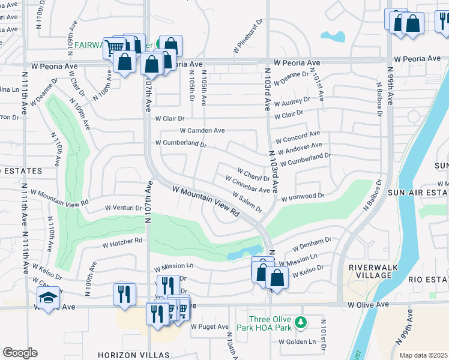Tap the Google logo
pos(20,353)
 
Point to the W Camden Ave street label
pos(202,130)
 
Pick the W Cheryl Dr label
pos(253,175)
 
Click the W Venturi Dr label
pos(122,208)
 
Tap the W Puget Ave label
pos(209,327)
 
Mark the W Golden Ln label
pos(297,342)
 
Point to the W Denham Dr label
pos(312,244)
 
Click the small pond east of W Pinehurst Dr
pos(333,36)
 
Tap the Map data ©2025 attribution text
pos(423,355)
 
